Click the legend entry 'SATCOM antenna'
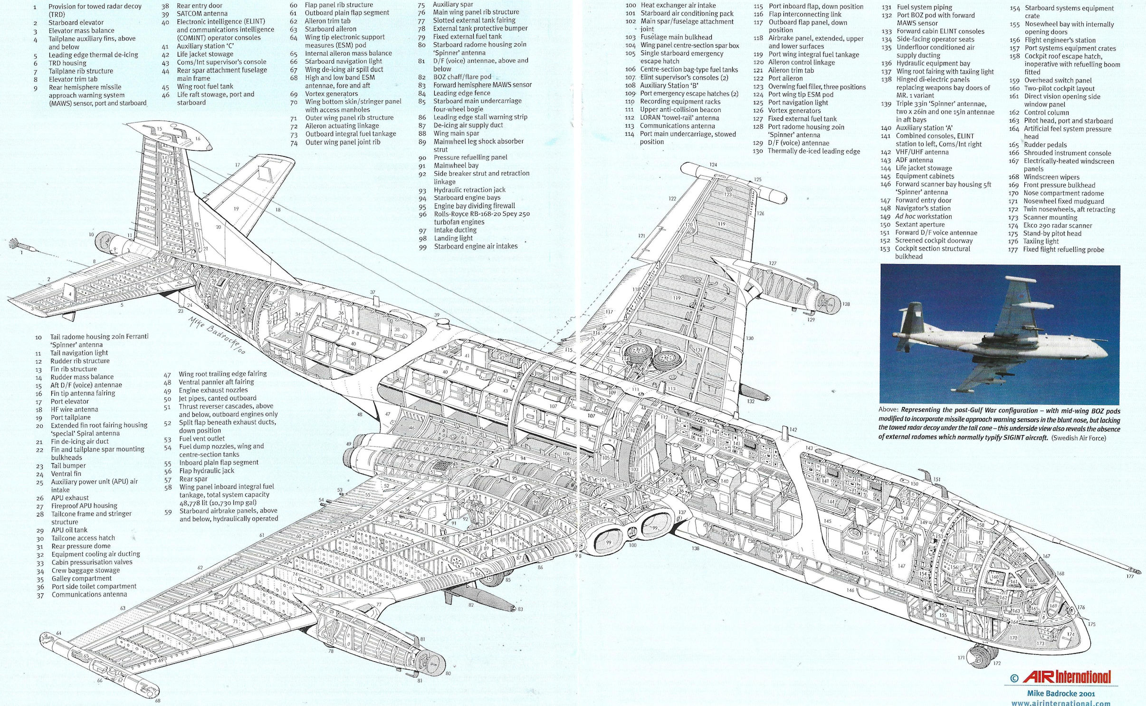pyautogui.click(x=202, y=14)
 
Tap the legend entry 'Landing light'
pyautogui.click(x=453, y=238)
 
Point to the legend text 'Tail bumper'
pyautogui.click(x=68, y=466)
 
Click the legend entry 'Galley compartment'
pyautogui.click(x=82, y=578)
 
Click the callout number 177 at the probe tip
pyautogui.click(x=1130, y=576)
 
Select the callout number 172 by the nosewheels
pyautogui.click(x=996, y=663)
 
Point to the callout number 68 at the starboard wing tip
pyautogui.click(x=157, y=701)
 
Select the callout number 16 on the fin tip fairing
pyautogui.click(x=198, y=139)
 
